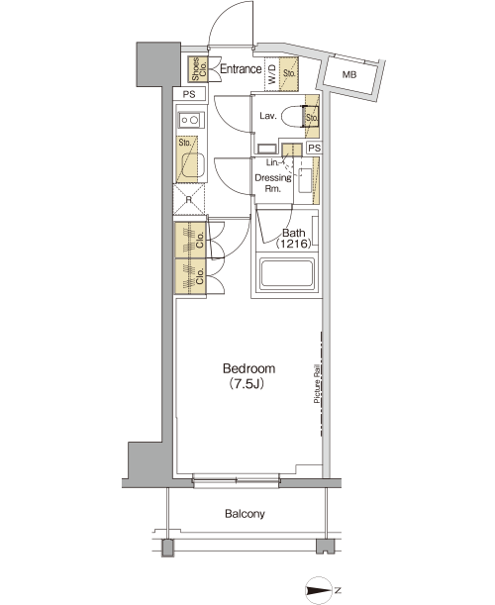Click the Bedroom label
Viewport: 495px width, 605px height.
(x=248, y=368)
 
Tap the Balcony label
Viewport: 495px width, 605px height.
(x=245, y=514)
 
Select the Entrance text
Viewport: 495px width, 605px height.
(x=241, y=69)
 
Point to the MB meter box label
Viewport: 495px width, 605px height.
(x=349, y=75)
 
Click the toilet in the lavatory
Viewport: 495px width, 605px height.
(x=296, y=116)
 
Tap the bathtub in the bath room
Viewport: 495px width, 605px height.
(x=286, y=274)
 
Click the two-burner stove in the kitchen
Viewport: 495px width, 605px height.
(x=190, y=120)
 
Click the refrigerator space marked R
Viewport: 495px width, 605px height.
(x=189, y=199)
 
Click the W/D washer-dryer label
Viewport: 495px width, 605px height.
(x=271, y=74)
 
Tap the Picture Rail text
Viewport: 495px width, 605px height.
(x=317, y=384)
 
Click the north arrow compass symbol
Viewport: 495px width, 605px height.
(x=320, y=590)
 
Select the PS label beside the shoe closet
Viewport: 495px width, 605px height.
(x=189, y=94)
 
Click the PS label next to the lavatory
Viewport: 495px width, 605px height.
(x=315, y=149)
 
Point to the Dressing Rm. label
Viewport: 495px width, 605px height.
(x=273, y=183)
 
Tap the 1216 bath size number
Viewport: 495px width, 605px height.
(x=293, y=244)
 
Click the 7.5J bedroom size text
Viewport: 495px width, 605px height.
(x=247, y=384)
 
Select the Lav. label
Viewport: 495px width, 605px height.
(x=267, y=116)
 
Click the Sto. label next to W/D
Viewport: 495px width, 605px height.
(x=289, y=73)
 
